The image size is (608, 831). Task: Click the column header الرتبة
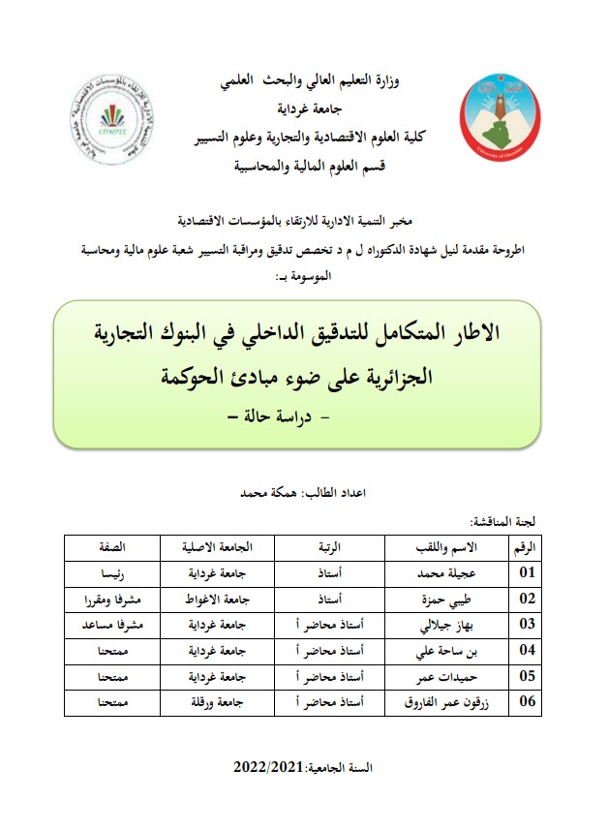[332, 547]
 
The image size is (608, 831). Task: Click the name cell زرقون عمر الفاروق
[442, 701]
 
